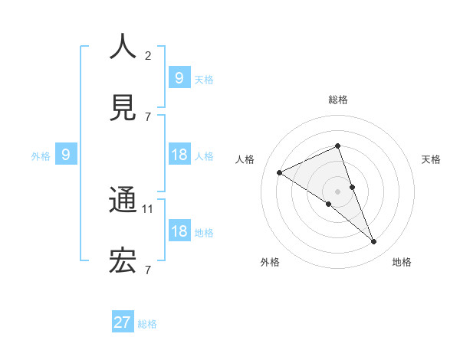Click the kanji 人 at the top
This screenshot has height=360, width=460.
(x=123, y=47)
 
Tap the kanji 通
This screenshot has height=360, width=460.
(x=123, y=201)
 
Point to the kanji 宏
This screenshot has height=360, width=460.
(x=123, y=262)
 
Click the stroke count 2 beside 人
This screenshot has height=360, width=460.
(x=148, y=55)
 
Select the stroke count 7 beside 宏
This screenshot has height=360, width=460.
(x=148, y=270)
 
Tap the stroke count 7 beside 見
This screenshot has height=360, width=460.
(x=148, y=116)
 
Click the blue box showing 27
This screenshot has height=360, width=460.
(x=123, y=322)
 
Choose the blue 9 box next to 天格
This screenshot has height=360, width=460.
(x=179, y=77)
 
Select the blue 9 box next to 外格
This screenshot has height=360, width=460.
(x=66, y=155)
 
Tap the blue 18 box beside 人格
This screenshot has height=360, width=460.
(x=179, y=155)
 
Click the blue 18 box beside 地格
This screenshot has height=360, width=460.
(x=179, y=231)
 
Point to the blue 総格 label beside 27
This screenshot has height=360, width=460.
(x=147, y=324)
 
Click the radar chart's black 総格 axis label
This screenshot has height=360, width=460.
(x=337, y=100)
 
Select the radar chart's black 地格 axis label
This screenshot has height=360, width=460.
(x=402, y=262)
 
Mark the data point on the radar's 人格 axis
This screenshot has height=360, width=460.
(x=279, y=172)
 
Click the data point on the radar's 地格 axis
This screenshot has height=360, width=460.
(x=374, y=242)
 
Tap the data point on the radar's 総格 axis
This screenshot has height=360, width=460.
(x=337, y=146)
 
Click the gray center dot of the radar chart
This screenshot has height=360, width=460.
(x=337, y=191)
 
